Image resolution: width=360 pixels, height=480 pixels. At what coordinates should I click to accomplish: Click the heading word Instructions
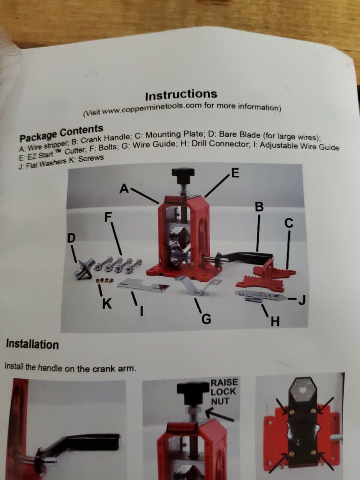pos(180,94)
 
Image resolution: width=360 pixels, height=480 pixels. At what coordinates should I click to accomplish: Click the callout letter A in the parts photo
pos(124,190)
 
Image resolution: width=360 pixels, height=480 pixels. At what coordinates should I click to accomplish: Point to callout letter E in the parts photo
pos(234,174)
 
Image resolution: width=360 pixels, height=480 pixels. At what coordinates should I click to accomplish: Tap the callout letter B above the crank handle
pos(259,207)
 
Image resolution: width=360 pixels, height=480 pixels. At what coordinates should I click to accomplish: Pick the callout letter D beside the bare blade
pos(71,238)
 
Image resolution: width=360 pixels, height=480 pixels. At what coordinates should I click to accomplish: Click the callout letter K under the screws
pos(108,304)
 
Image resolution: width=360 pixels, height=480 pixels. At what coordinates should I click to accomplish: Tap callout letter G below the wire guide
pos(206,319)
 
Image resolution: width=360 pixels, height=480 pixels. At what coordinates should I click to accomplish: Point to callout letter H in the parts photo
pos(275,321)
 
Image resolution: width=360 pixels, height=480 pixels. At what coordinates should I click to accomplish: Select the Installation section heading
pos(32,344)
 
